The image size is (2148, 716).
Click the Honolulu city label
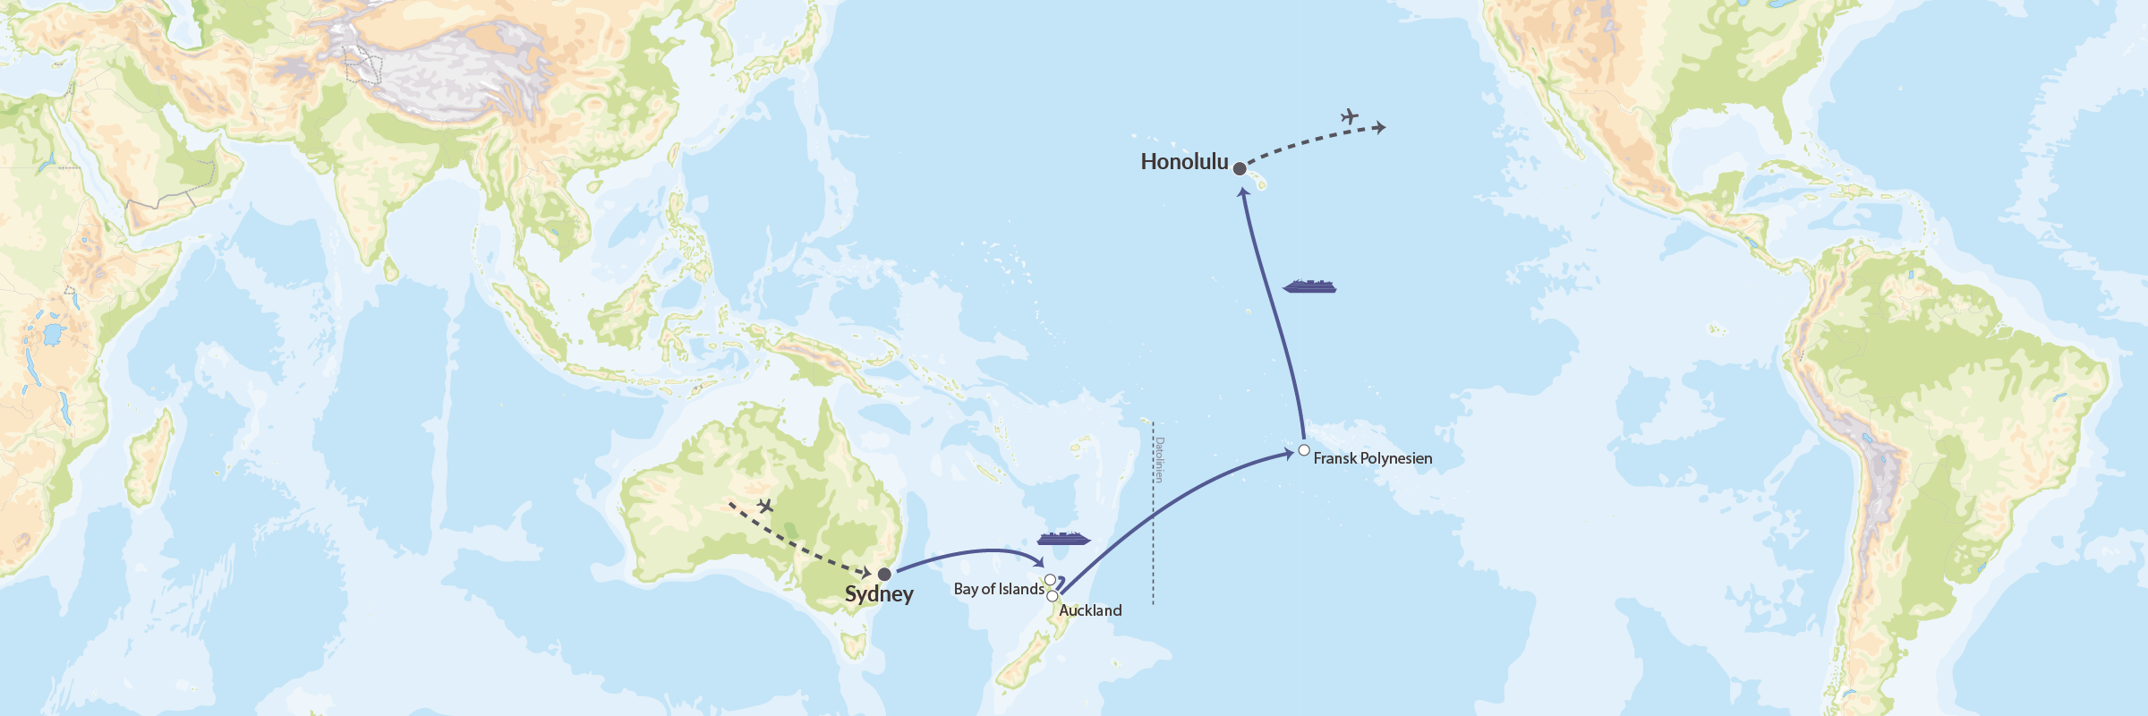(1184, 162)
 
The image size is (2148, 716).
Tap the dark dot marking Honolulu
(1240, 168)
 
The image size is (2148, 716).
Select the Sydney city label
(879, 594)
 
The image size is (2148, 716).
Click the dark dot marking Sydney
(884, 574)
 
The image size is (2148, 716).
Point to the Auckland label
(1090, 610)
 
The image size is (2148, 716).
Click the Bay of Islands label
(999, 589)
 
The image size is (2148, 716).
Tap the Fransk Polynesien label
(1373, 458)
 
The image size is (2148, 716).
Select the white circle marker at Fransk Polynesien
(1304, 450)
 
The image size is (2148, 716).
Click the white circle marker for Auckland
(1053, 596)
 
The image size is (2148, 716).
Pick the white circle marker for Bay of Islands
(1050, 580)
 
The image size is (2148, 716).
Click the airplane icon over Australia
(765, 506)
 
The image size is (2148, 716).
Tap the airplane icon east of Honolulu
(1350, 116)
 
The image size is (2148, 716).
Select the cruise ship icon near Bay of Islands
(1063, 539)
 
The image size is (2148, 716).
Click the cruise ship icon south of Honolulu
(1309, 286)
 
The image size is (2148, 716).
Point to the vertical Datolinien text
(1159, 460)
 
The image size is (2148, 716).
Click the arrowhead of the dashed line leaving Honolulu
(1381, 128)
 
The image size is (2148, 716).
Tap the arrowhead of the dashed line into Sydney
(866, 572)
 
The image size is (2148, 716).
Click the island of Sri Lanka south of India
(391, 268)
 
